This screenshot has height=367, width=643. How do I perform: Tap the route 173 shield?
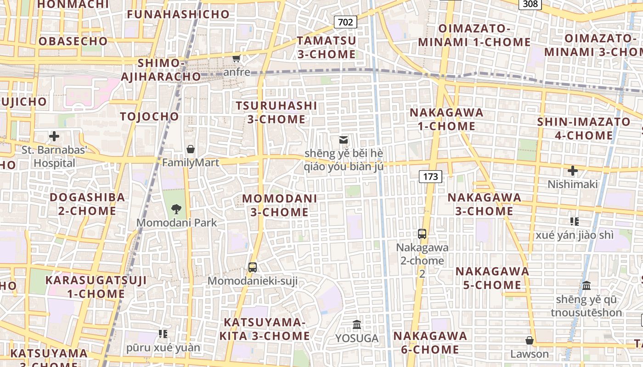430,176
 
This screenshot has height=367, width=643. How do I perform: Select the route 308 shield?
530,4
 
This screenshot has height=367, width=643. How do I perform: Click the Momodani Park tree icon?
176,209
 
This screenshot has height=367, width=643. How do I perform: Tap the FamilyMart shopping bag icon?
190,149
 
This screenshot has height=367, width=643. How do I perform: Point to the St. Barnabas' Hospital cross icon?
54,136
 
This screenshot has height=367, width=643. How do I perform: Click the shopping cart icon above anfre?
237,58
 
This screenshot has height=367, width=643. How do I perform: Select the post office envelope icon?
344,139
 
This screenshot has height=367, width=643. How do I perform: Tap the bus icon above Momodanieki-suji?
252,267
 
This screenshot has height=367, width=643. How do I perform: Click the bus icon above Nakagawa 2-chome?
422,234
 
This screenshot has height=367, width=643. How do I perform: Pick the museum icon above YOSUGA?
357,325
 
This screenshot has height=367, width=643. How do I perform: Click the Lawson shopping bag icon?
530,340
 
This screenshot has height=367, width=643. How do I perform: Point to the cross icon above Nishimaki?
572,171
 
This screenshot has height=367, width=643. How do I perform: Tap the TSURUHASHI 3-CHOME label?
276,112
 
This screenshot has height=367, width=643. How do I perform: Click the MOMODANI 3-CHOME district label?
279,205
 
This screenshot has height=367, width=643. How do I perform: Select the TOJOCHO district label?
149,117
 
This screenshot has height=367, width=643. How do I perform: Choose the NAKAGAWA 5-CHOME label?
492,278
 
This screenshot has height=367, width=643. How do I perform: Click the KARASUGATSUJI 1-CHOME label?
96,287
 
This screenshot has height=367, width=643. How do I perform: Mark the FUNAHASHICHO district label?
178,14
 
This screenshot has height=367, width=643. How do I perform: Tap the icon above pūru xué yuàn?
163,334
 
